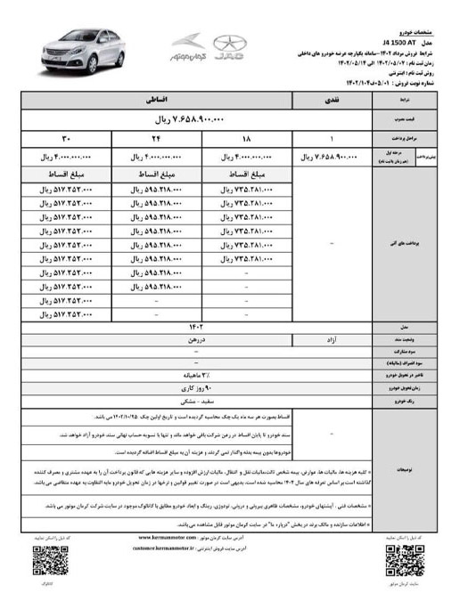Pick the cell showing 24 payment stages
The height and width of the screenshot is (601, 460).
(157, 138)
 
